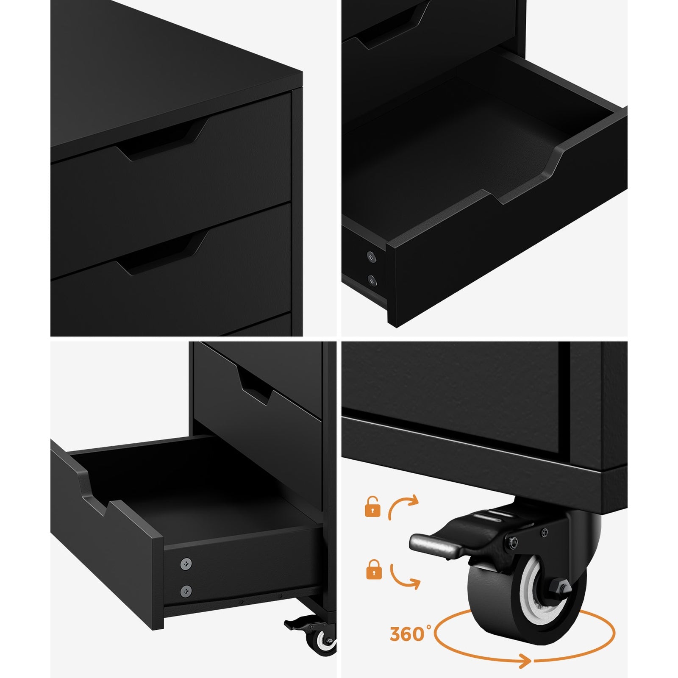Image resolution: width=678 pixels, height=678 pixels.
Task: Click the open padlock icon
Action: pos(372,507)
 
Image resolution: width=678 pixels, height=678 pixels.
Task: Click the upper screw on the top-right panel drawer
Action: pos(372,256)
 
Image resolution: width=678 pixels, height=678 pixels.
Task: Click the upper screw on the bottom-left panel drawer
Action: pos(186,563)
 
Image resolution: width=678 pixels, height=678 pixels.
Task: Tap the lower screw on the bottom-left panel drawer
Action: pos(186,591)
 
